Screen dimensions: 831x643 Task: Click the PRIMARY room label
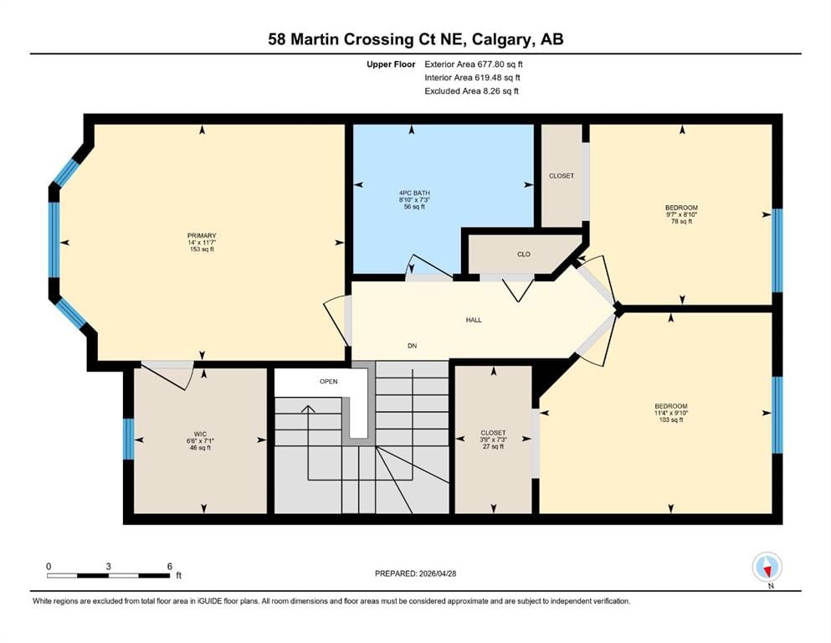pyautogui.click(x=202, y=235)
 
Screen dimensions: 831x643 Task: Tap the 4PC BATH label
pyautogui.click(x=414, y=193)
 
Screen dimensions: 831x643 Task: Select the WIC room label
pyautogui.click(x=200, y=434)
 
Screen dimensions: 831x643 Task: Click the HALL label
pyautogui.click(x=474, y=320)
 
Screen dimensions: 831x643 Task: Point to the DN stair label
pyautogui.click(x=413, y=346)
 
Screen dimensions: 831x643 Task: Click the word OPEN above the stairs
pyautogui.click(x=329, y=381)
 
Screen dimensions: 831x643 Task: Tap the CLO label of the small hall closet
pyautogui.click(x=524, y=254)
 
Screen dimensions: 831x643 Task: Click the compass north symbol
pyautogui.click(x=767, y=567)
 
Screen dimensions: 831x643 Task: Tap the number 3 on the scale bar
pyautogui.click(x=108, y=566)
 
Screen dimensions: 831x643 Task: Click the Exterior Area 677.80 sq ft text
pyautogui.click(x=474, y=64)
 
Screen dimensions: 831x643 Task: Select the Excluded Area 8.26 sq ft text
pyautogui.click(x=472, y=90)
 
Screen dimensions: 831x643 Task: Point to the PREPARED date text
pyautogui.click(x=415, y=574)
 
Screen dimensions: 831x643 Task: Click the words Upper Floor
pyautogui.click(x=391, y=64)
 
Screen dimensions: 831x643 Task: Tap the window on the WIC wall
pyautogui.click(x=128, y=439)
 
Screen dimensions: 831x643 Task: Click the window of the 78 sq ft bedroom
pyautogui.click(x=777, y=250)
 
